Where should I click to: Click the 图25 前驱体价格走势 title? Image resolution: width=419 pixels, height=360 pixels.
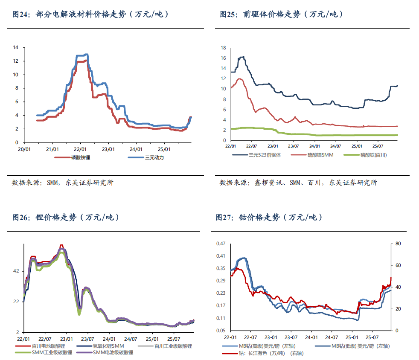(x=282, y=15)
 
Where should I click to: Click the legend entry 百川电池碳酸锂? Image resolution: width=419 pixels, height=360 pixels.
(x=47, y=346)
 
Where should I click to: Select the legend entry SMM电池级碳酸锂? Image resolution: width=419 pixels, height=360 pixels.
(x=113, y=353)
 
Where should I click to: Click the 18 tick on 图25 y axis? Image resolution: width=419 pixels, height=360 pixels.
(x=223, y=48)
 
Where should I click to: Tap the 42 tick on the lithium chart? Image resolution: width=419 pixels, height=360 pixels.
(x=16, y=271)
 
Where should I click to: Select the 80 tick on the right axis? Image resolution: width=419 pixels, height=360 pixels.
(x=398, y=244)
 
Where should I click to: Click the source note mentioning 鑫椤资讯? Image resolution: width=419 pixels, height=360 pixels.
(x=298, y=183)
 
